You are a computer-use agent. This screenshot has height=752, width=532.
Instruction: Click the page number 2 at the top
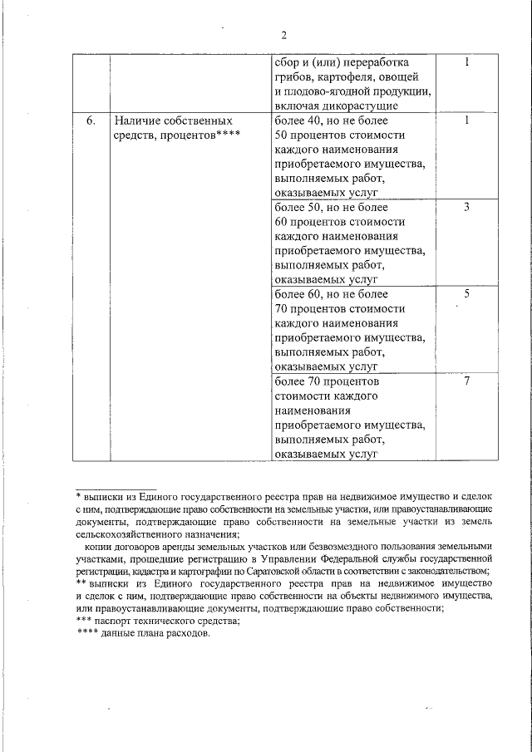click(283, 35)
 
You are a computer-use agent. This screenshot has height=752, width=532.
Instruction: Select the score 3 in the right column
click(467, 208)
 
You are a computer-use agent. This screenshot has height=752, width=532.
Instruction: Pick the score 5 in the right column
click(467, 294)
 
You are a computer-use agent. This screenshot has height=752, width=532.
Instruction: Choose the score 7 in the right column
click(467, 381)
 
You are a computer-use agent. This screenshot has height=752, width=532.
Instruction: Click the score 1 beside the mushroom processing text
click(467, 62)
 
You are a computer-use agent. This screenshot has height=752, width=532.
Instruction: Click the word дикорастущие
click(362, 106)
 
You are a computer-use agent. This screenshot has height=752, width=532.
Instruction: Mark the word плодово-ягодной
click(323, 91)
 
